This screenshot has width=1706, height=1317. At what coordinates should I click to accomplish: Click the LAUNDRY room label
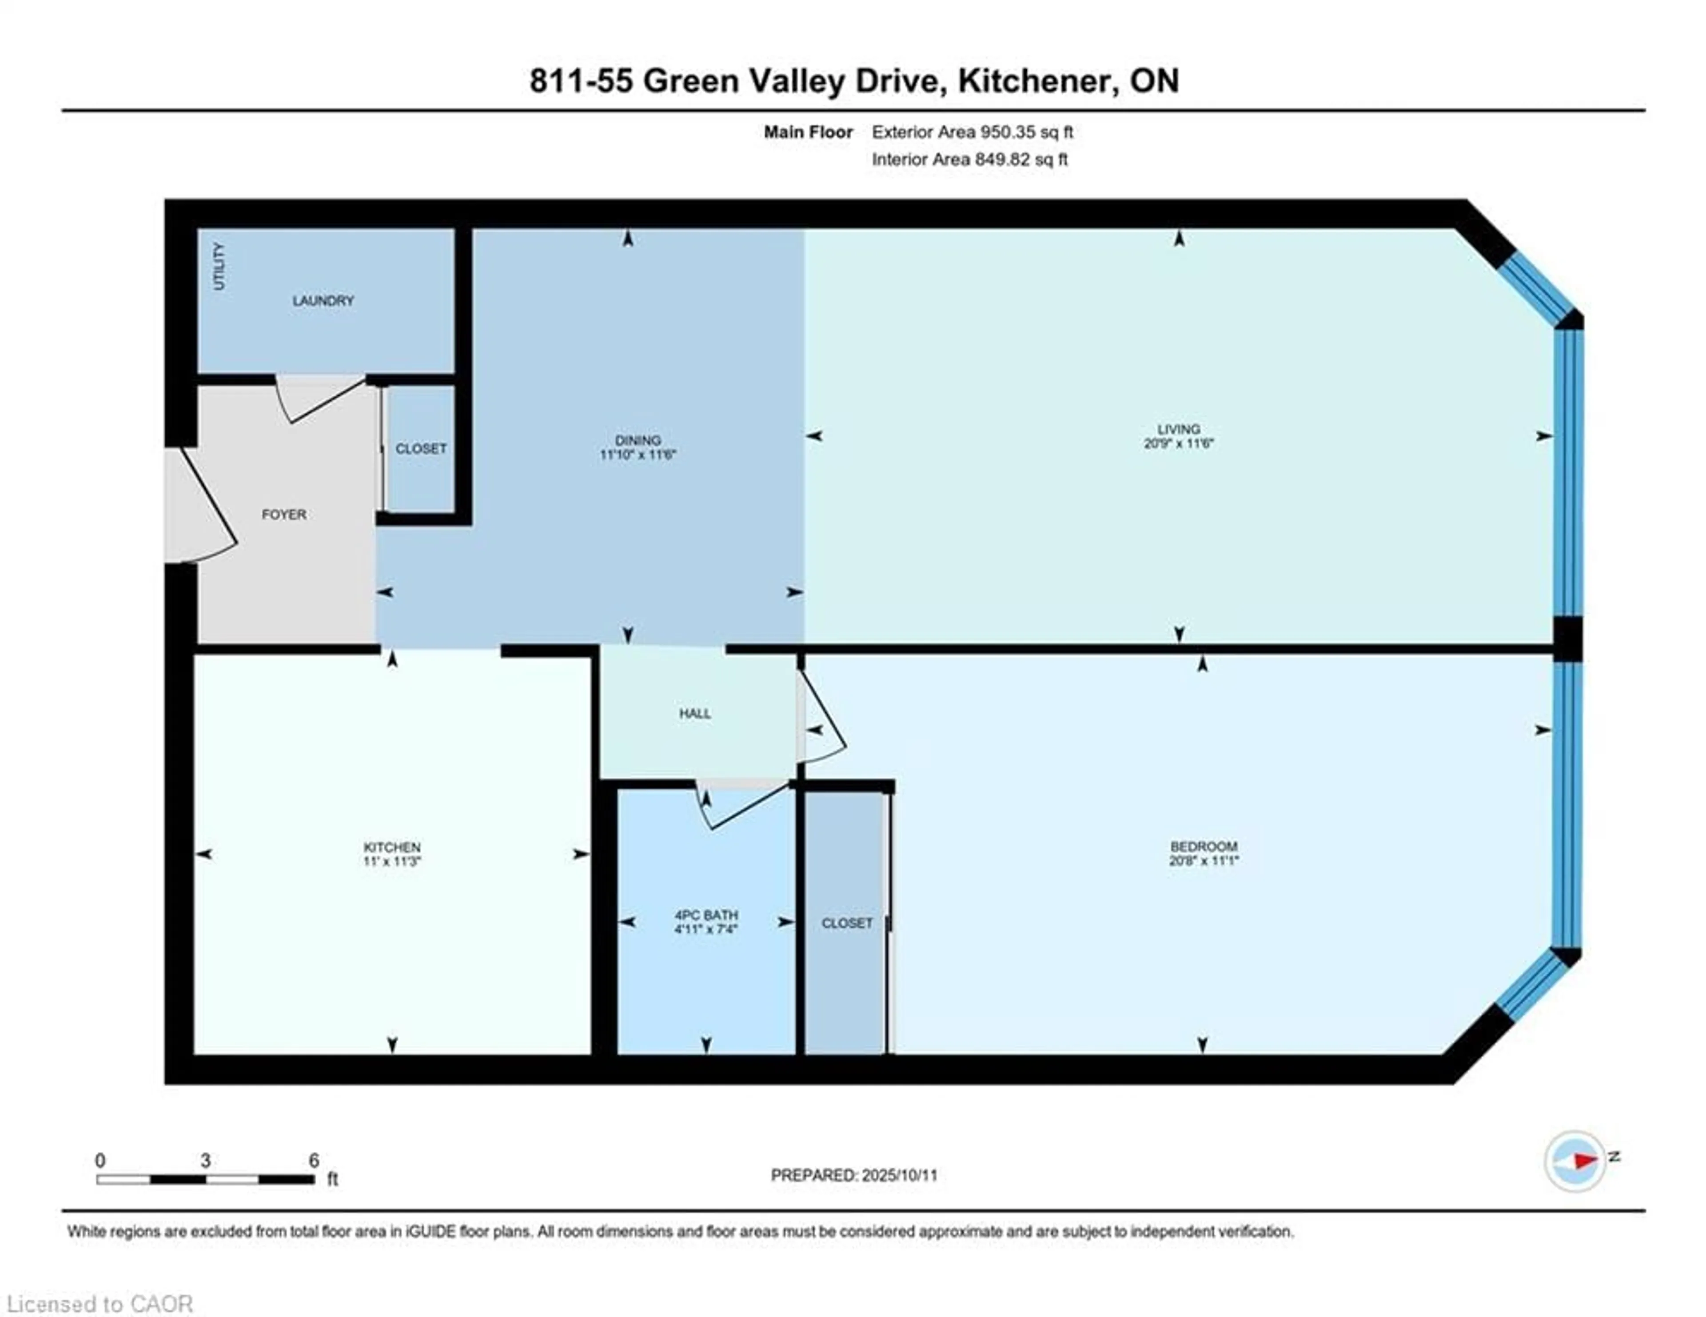323,301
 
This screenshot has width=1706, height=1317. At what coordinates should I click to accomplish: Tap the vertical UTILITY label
219,266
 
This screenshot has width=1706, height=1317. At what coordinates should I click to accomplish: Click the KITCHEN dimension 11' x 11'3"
392,862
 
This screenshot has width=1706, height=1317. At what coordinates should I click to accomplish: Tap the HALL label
694,713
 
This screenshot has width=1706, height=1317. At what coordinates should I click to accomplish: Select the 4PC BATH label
706,915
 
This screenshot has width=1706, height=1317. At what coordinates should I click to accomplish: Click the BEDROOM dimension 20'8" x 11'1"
1203,861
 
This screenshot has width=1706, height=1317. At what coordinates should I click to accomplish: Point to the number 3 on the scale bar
205,1161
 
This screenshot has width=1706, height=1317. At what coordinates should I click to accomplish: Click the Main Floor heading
808,132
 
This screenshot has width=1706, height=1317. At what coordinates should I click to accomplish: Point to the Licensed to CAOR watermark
99,1304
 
